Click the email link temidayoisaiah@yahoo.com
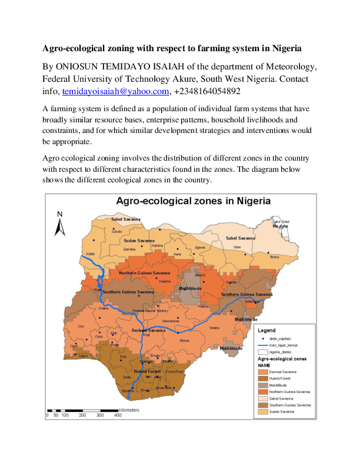[x=116, y=92]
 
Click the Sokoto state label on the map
[x=117, y=232]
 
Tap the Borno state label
[x=274, y=257]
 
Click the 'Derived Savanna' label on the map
[x=149, y=331]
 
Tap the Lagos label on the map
[x=83, y=356]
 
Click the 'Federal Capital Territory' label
[x=154, y=311]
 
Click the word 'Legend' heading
[x=266, y=330]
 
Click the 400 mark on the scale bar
[x=118, y=415]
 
